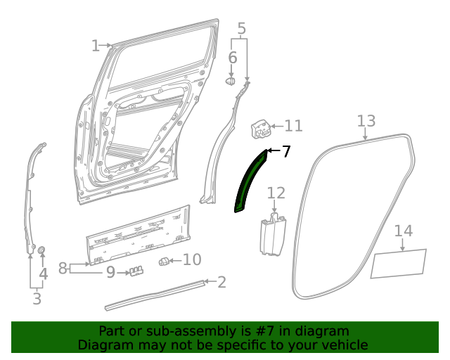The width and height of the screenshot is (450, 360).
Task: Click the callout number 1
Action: (x=96, y=46)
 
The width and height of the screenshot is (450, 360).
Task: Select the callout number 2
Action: (x=221, y=283)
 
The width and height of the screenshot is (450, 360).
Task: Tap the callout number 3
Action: (x=37, y=299)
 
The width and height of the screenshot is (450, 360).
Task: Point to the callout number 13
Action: (x=366, y=121)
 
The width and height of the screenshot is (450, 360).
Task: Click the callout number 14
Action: (x=403, y=231)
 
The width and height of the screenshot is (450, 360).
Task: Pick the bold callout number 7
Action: (x=285, y=151)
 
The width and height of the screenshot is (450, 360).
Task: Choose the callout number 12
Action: (x=276, y=193)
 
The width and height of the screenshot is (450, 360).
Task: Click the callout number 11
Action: (x=293, y=126)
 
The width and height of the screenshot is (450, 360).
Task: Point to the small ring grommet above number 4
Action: (x=42, y=250)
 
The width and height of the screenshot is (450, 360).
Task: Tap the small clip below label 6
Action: (x=231, y=82)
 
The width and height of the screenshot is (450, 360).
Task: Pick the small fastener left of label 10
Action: (x=163, y=262)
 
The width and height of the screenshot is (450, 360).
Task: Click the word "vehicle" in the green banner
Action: (x=342, y=345)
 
